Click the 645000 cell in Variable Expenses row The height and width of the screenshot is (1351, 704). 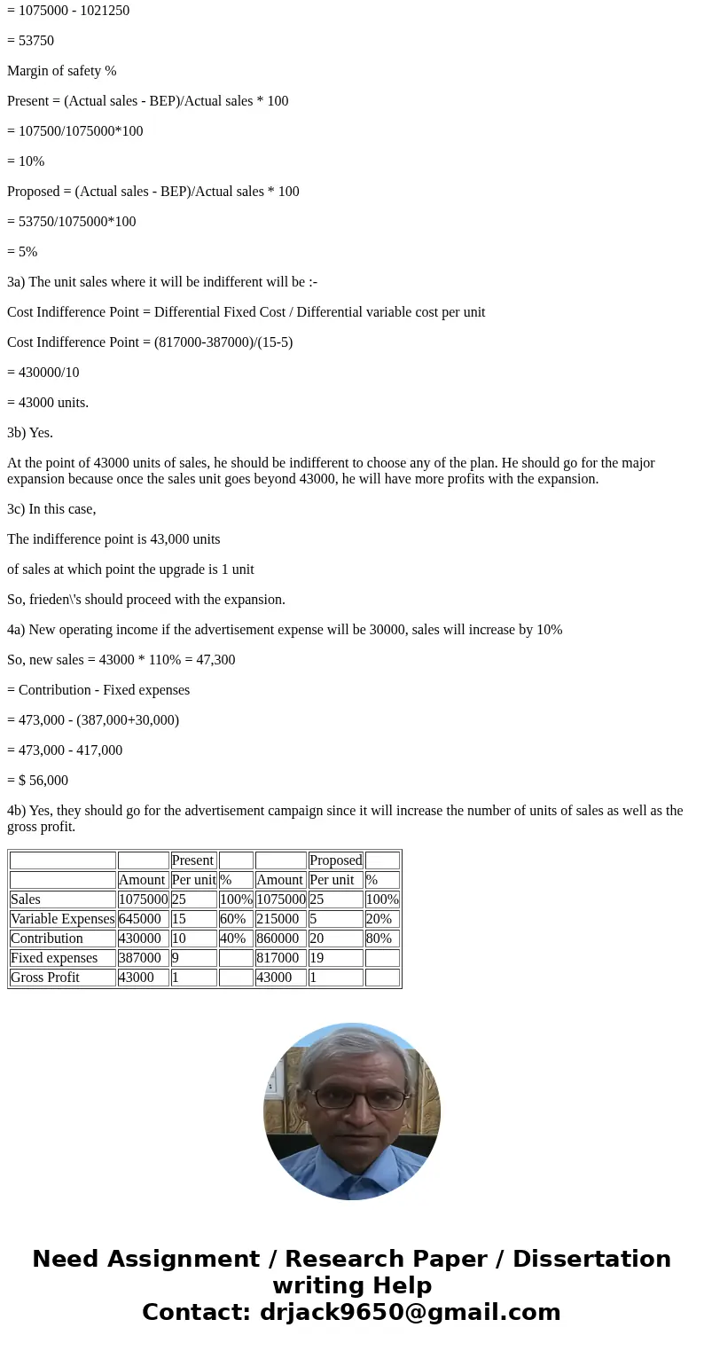(x=139, y=919)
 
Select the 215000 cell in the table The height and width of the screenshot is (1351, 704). (x=278, y=919)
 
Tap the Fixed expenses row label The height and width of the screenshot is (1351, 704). (x=54, y=958)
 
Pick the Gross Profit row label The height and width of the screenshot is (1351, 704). (x=45, y=978)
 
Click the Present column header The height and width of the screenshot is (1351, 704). (x=192, y=860)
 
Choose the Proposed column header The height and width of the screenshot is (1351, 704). (x=335, y=860)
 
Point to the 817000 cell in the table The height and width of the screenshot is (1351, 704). (x=278, y=958)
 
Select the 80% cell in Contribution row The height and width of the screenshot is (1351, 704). (x=379, y=939)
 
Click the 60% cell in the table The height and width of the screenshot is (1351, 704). (x=232, y=919)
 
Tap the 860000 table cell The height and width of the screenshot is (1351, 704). (x=278, y=939)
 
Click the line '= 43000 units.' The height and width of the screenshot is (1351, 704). (x=48, y=403)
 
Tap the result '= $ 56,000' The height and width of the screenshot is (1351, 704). (x=37, y=781)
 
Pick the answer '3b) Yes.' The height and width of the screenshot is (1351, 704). (x=30, y=433)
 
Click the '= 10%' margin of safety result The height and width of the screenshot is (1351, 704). (x=26, y=161)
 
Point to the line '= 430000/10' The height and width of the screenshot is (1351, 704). (x=43, y=373)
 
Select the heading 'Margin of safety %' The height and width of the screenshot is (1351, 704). (x=62, y=71)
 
